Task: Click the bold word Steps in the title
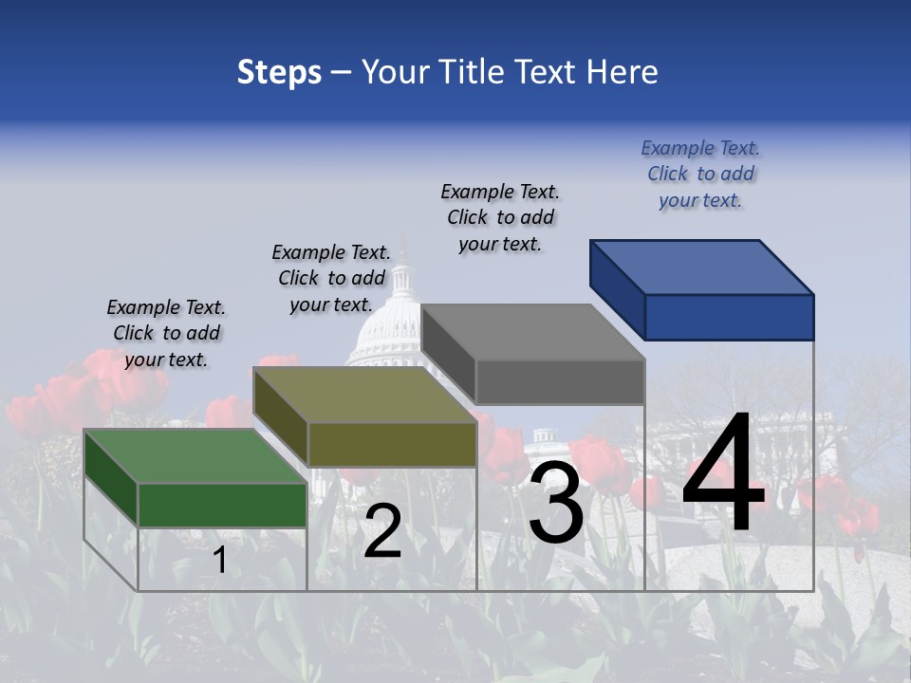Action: [279, 72]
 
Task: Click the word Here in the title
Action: [622, 72]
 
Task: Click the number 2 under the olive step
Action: [382, 531]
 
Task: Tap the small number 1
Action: [220, 561]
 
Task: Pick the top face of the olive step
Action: [365, 395]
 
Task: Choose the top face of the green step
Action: [195, 456]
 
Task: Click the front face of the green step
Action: [222, 505]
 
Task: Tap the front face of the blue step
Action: [729, 317]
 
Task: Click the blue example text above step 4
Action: [700, 175]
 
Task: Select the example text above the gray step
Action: [500, 217]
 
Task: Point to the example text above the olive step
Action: [331, 278]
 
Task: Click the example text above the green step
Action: [166, 333]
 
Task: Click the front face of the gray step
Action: [560, 381]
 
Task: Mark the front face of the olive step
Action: [392, 444]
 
